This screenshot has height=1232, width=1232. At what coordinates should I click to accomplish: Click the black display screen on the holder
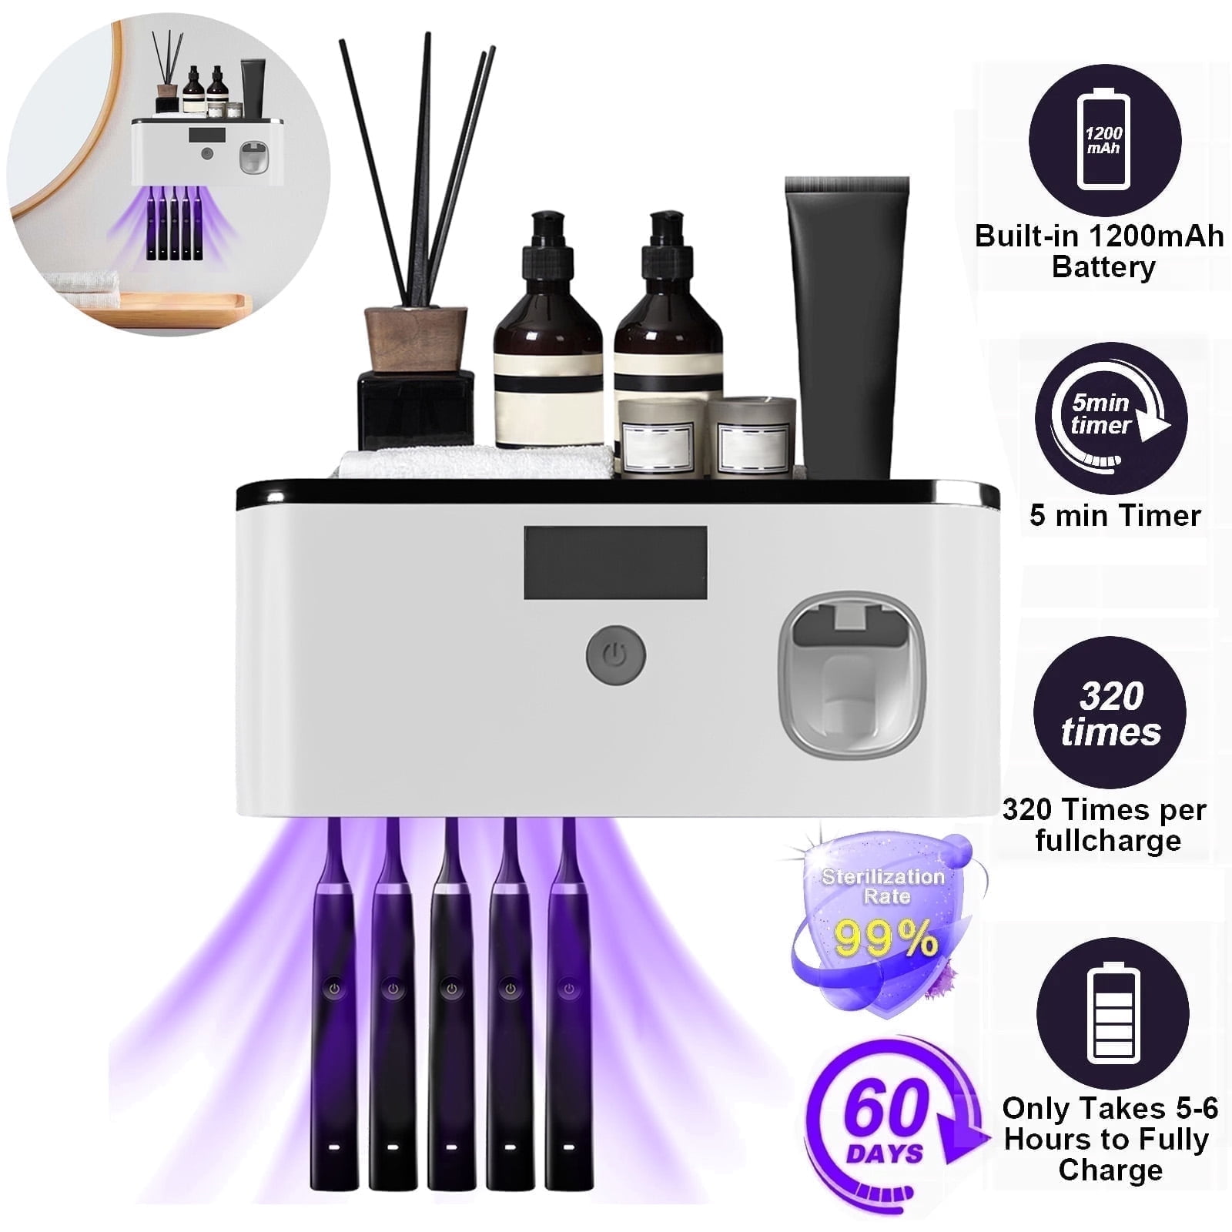(615, 562)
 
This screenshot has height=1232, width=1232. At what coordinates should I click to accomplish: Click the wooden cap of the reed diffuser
(416, 339)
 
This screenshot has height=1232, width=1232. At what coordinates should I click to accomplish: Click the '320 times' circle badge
(1110, 712)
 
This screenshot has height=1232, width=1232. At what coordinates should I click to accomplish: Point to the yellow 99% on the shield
(886, 938)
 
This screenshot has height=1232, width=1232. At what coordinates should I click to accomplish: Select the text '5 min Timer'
(1115, 515)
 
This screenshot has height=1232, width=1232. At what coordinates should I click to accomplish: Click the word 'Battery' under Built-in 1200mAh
(1103, 267)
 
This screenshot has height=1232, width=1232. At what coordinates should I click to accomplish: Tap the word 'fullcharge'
(1108, 840)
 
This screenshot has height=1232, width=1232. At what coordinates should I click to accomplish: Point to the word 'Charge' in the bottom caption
(1110, 1170)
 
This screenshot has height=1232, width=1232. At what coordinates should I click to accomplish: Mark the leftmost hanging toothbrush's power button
(334, 988)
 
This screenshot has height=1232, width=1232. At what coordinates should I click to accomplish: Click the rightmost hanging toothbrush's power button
(568, 988)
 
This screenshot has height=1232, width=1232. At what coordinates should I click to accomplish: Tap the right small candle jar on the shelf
(752, 437)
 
